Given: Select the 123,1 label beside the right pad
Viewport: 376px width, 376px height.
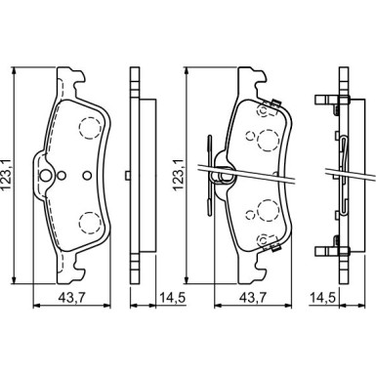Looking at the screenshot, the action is (x=179, y=176).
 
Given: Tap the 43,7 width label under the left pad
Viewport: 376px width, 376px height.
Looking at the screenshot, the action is (x=72, y=298).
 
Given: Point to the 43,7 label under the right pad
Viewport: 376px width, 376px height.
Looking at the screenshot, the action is (x=254, y=298).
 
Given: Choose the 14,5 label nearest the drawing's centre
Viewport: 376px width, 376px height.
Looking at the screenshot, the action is (x=172, y=298).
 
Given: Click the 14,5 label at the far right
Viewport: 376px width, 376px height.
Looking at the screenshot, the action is (x=322, y=298).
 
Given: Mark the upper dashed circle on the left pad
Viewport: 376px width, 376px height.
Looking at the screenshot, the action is (x=89, y=129).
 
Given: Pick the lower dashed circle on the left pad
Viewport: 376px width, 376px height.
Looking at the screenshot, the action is (x=89, y=223).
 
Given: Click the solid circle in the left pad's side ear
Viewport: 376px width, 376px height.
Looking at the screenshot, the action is (x=45, y=176).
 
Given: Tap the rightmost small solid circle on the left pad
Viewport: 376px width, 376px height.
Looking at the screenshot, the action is (x=87, y=176).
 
